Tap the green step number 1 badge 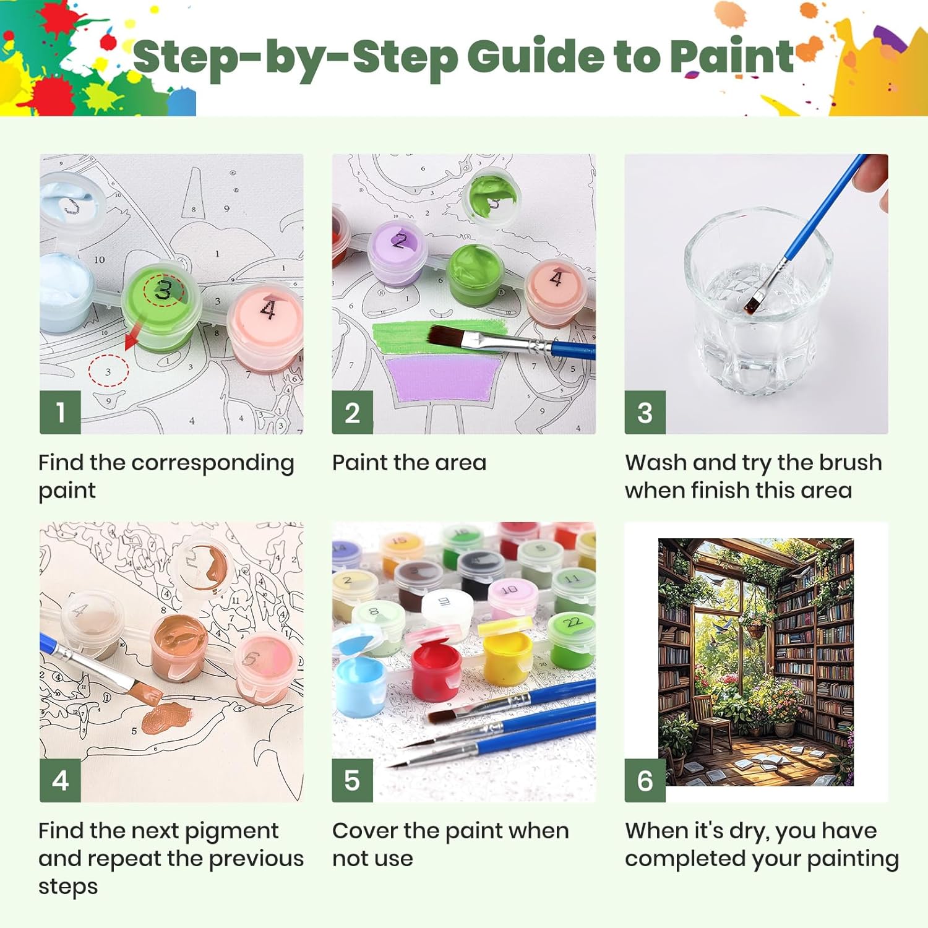click(x=60, y=412)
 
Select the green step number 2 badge click(x=352, y=412)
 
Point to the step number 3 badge click(x=645, y=412)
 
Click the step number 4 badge click(x=60, y=780)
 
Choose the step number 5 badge click(x=352, y=780)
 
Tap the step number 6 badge click(x=645, y=780)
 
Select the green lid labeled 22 click(x=572, y=624)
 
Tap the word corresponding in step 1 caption click(x=213, y=463)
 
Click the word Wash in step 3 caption click(x=656, y=463)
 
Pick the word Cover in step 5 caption click(x=364, y=831)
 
